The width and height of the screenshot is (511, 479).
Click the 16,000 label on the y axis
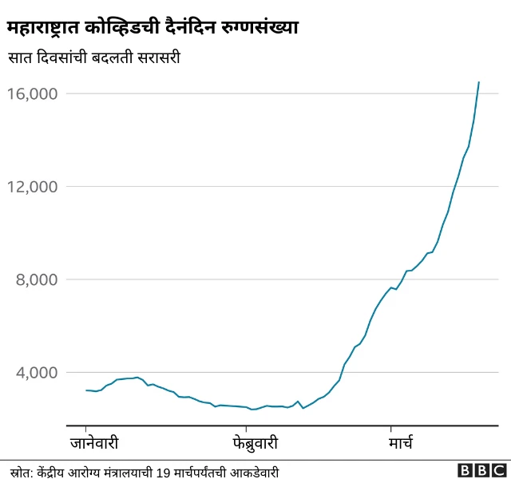(x=33, y=94)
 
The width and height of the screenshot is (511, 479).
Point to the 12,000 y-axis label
(x=33, y=187)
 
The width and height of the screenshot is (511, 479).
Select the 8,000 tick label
(x=36, y=279)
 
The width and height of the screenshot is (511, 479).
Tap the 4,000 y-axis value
(x=36, y=372)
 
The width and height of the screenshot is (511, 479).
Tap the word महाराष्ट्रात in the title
(x=50, y=29)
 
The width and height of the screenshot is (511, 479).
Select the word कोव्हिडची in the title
(x=131, y=29)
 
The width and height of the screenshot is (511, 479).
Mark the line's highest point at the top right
(x=478, y=81)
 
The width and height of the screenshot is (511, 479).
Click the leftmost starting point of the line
(x=85, y=390)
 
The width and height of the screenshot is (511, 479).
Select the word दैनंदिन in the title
(x=196, y=29)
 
